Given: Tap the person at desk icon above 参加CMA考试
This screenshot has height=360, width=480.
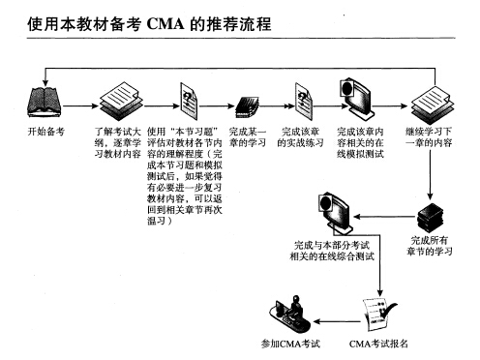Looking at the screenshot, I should pos(290,312).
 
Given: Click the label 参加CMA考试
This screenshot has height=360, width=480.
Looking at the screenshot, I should pos(290,344).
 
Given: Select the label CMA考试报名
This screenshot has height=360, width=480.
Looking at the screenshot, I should pos(378,344).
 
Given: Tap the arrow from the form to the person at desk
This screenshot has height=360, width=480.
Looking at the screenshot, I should pos(334,315).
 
